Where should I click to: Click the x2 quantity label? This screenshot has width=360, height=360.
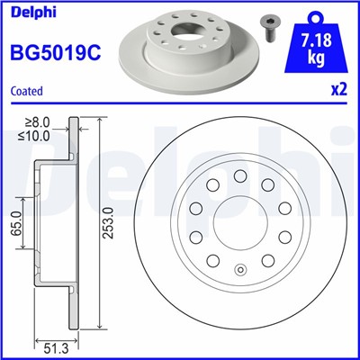pos(338,91)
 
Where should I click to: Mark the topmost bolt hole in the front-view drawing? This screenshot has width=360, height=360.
pos(238,175)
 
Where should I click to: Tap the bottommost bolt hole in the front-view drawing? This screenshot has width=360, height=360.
pos(238,268)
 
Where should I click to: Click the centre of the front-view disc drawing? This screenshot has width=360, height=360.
pos(238,222)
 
